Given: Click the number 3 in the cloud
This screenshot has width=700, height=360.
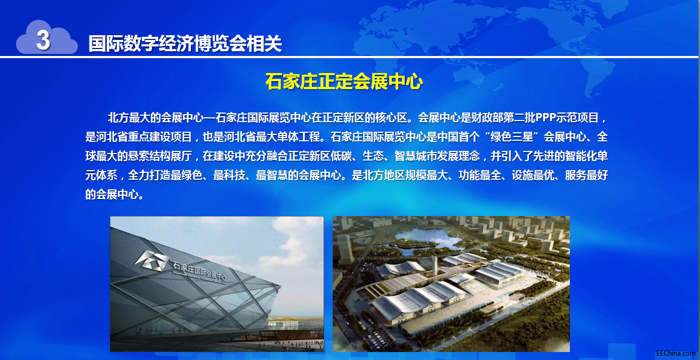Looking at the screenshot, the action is coord(43,40).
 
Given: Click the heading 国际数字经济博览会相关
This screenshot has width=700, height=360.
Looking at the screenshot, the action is coord(186,43).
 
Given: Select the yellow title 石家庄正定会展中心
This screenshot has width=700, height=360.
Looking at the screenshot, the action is coord(344,82).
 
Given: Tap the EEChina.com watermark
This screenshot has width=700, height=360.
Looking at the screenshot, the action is coord(675,353).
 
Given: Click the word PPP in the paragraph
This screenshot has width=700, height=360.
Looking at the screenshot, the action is coord(545,117).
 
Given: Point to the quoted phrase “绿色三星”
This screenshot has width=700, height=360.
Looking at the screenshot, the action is coord(512,137).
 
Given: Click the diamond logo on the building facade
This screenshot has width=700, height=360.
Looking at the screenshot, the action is coord(152,260).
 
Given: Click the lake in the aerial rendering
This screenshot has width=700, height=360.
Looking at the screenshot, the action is coord(428,239).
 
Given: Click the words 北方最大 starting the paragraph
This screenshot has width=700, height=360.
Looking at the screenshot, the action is coord(128,118).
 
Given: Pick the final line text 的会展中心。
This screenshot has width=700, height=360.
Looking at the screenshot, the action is coord(115,194).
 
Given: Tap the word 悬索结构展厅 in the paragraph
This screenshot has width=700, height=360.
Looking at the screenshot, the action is coord(160,156).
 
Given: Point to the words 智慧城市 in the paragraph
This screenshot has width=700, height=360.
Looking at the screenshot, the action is coord(416,156).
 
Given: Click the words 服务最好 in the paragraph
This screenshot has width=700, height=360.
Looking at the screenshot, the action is coord(586,175).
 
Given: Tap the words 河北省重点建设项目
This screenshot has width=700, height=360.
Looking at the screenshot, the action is coord(144,137).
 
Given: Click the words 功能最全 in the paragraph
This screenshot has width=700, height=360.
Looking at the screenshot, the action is coord(480,175).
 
